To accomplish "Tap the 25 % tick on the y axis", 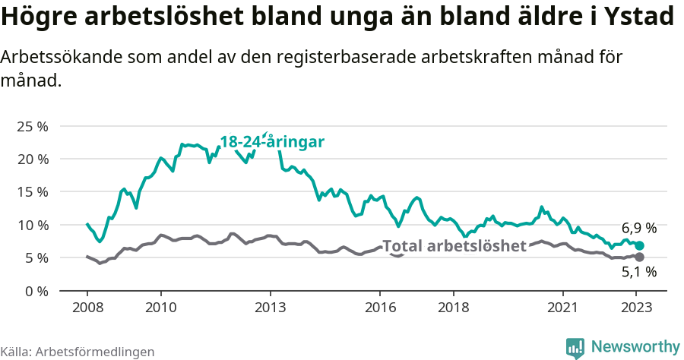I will (33, 126).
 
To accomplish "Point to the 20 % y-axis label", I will (33, 159).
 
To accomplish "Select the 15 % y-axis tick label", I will (33, 192).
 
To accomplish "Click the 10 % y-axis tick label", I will (33, 225).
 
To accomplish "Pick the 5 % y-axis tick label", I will (36, 258).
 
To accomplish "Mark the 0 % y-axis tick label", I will (36, 291).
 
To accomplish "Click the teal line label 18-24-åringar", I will (272, 142).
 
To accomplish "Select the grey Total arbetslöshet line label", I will (454, 246).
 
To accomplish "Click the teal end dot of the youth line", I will (639, 245).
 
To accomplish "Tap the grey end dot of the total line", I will (639, 257).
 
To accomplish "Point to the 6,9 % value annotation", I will (638, 228).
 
